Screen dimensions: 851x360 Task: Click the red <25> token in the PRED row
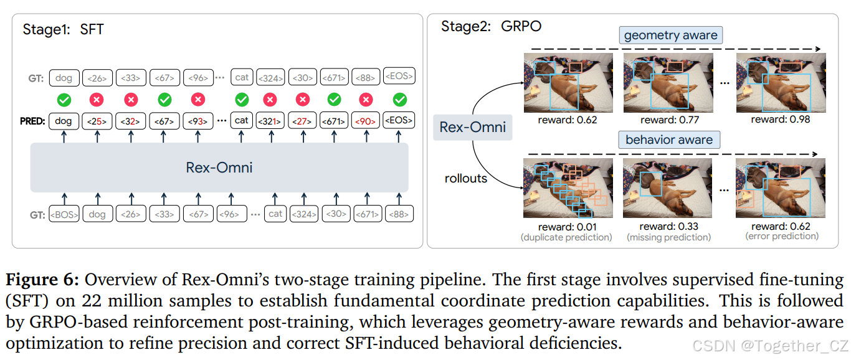coord(97,121)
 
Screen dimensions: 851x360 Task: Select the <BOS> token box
coord(64,214)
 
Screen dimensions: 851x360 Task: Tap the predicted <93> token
coord(198,121)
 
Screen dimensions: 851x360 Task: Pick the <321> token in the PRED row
coord(270,121)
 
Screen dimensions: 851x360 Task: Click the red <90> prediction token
coord(366,121)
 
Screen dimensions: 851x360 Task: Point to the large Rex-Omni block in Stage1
coord(219,168)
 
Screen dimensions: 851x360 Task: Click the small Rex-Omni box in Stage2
coord(473,127)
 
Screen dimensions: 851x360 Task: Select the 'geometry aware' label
coord(670,36)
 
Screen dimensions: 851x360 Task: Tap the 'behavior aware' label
coord(669,140)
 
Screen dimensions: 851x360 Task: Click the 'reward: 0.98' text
coord(781,119)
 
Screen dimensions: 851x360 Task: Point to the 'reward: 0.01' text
coord(567,227)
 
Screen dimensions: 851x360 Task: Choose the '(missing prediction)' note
coord(668,237)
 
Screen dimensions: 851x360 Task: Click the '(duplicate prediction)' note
coord(567,237)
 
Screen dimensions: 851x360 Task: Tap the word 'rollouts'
coord(466,179)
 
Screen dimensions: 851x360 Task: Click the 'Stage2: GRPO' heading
coord(491,26)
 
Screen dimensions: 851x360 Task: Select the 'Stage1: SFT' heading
coord(63,29)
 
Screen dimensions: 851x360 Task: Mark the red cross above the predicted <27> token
coord(302,99)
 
